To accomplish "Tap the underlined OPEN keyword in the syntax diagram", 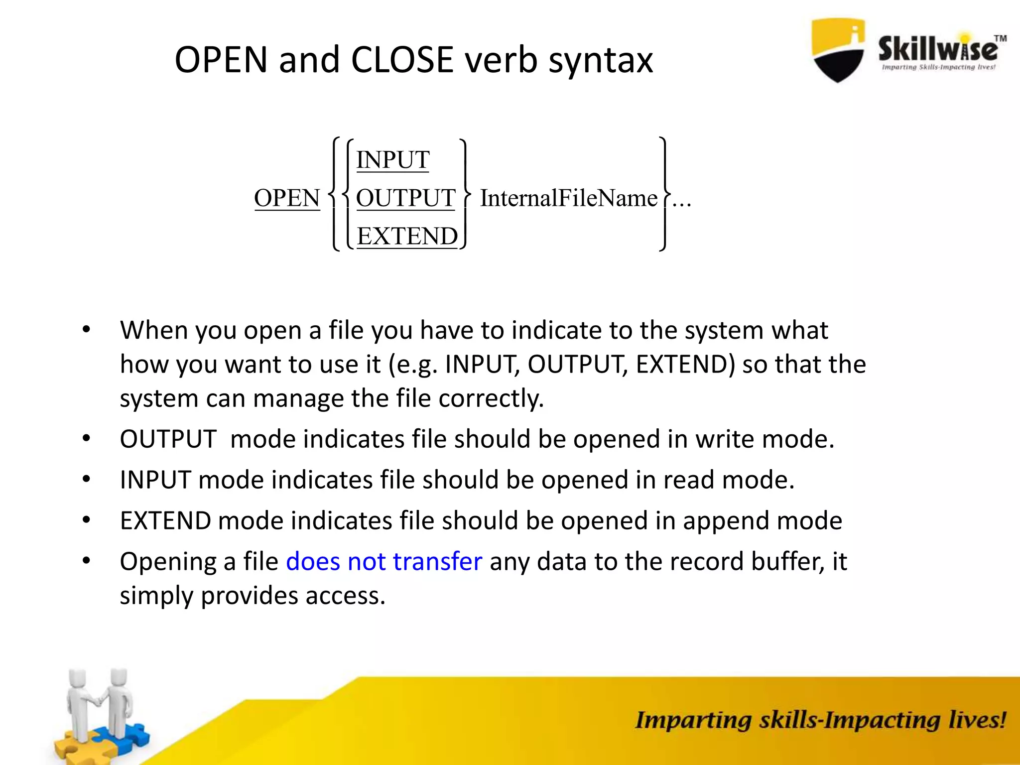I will tap(287, 198).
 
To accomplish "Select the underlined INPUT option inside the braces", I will tap(392, 160).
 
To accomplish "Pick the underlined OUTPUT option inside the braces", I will tap(405, 198).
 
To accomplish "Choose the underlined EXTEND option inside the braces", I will tap(407, 236).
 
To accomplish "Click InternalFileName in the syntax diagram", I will tap(568, 198).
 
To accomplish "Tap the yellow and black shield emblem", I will tap(838, 50).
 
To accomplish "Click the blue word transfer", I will tap(437, 561).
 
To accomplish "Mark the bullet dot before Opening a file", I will tap(87, 561).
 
